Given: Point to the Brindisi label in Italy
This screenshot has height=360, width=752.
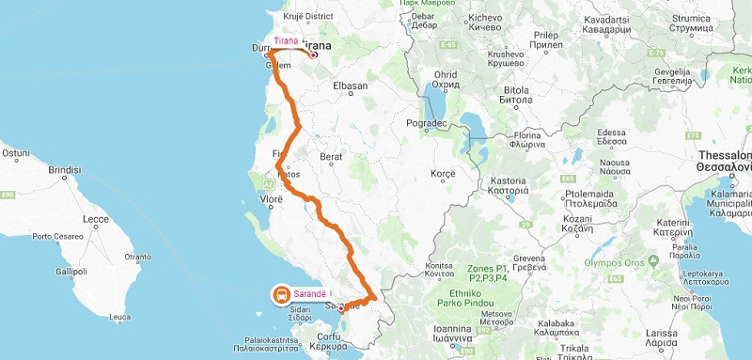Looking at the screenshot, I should click(x=65, y=169).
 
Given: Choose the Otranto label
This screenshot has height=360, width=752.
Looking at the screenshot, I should click(x=137, y=256).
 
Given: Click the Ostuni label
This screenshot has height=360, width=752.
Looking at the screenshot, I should click(x=16, y=151).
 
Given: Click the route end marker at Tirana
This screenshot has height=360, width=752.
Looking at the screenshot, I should click(x=313, y=54).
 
